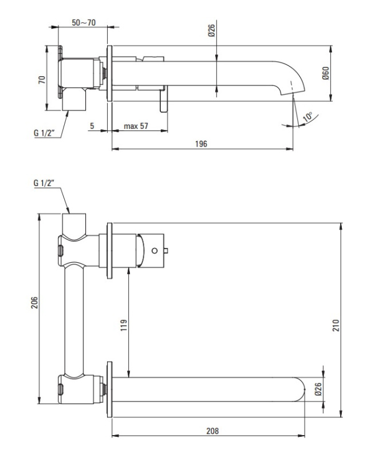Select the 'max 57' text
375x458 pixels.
click(136, 126)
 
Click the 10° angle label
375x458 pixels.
click(308, 117)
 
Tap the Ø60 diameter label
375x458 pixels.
click(325, 73)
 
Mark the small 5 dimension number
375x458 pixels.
click(92, 126)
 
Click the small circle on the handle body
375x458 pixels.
click(154, 250)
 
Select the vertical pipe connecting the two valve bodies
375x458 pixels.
click(73, 321)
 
